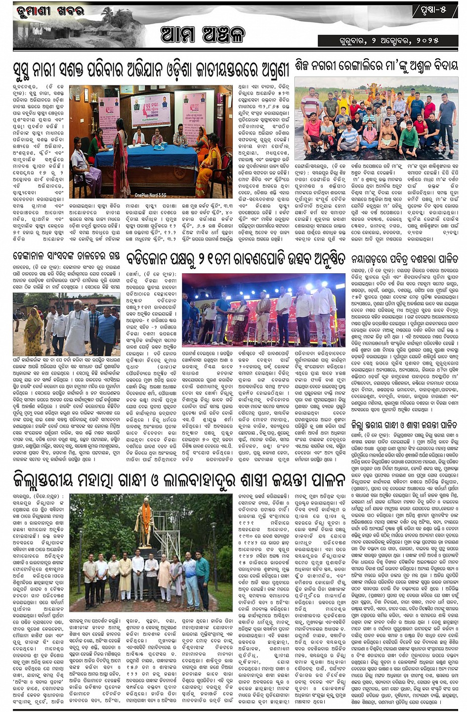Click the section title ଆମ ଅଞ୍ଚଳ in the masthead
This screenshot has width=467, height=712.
pyautogui.click(x=202, y=35)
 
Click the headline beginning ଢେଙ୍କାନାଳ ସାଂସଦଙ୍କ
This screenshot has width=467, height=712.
pyautogui.click(x=66, y=256)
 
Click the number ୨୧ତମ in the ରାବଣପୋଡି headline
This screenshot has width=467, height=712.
pyautogui.click(x=225, y=258)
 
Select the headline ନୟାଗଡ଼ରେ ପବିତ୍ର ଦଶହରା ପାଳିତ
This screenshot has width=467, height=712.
pyautogui.click(x=404, y=258)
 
